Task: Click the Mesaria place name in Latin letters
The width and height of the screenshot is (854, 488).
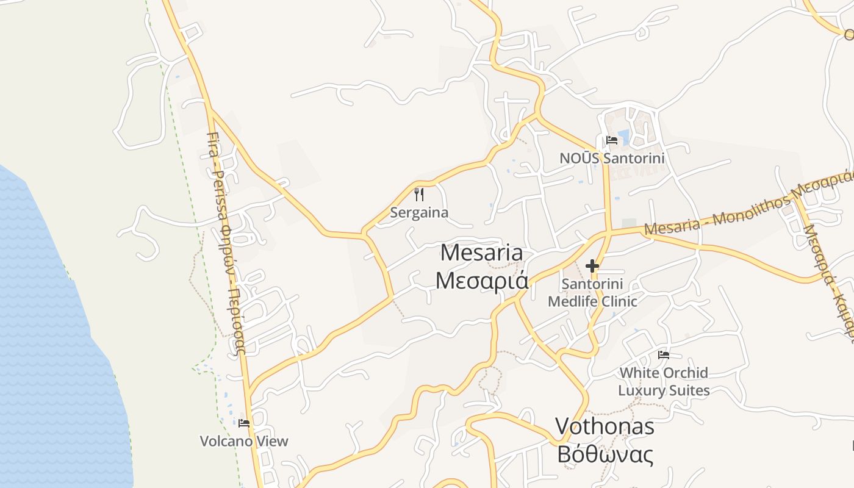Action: [481, 253]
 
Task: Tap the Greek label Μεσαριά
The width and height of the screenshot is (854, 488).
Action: [481, 280]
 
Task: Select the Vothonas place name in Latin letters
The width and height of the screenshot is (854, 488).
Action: [605, 426]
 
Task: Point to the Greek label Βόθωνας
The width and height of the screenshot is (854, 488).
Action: [605, 454]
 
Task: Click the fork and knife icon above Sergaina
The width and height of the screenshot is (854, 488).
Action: [419, 195]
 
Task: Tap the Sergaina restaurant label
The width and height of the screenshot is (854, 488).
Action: [419, 213]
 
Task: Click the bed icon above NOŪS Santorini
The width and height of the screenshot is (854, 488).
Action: [612, 140]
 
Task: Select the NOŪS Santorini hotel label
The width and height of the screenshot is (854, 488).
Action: [612, 158]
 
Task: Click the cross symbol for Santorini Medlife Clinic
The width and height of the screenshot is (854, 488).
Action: [592, 266]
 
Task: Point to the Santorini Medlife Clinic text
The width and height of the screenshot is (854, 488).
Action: [592, 292]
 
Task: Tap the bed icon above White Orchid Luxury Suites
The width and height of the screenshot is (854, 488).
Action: [664, 354]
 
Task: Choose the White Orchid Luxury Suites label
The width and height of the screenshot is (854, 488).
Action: [664, 381]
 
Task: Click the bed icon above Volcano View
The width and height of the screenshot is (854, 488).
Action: [244, 423]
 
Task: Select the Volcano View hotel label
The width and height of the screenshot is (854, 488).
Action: [244, 441]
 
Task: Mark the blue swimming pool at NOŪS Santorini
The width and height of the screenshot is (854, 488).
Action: [623, 137]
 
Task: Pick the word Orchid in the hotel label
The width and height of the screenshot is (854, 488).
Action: [685, 373]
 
